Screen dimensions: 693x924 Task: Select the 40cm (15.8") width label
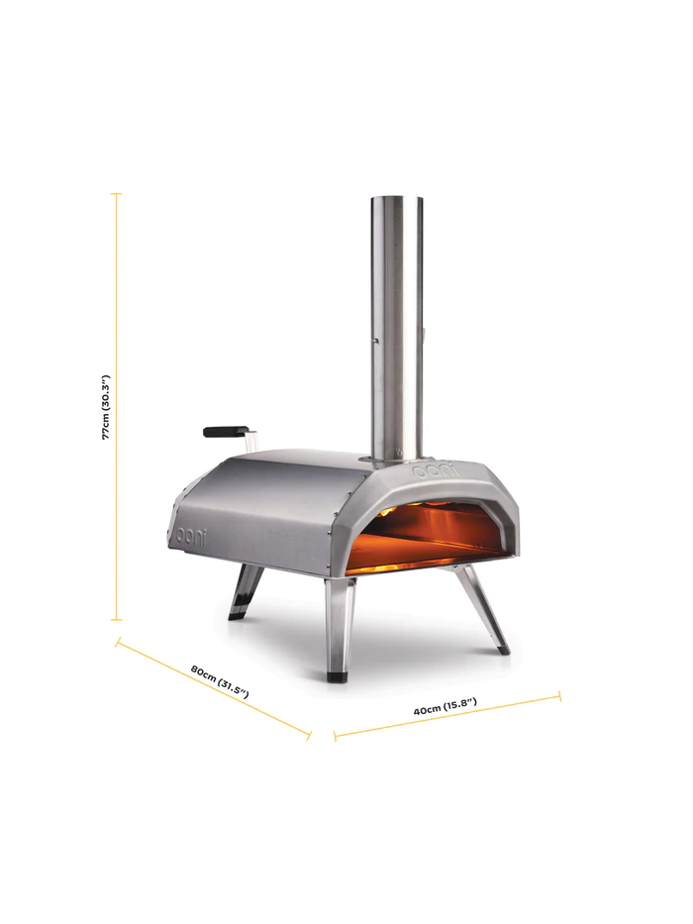[445, 706]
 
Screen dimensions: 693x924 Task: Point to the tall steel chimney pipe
[397, 327]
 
